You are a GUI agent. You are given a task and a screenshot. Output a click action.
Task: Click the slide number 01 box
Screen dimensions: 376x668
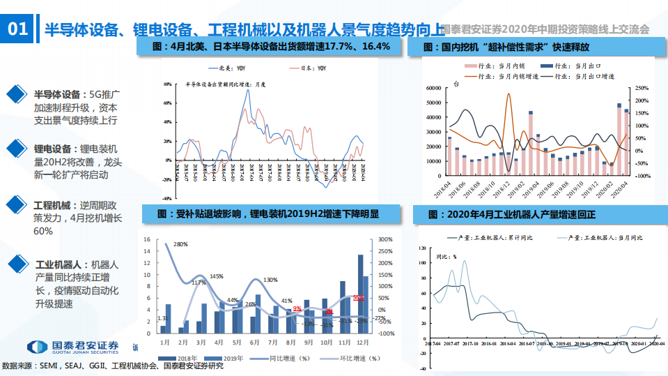17,29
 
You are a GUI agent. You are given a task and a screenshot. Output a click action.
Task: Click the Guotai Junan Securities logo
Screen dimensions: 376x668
72,347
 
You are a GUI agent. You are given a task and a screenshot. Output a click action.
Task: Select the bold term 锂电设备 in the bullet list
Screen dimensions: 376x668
52,149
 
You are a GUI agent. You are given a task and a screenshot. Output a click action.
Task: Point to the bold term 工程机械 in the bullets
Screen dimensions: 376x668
52,205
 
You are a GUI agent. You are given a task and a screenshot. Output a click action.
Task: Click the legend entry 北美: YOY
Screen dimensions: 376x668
227,68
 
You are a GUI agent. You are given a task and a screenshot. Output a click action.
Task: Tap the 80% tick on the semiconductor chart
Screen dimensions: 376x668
167,84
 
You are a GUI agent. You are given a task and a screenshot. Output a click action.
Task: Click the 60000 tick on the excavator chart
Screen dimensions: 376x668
433,89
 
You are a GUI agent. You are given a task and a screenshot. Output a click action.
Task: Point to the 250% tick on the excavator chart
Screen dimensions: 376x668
642,89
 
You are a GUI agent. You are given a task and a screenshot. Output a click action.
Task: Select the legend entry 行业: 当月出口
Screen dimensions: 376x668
575,65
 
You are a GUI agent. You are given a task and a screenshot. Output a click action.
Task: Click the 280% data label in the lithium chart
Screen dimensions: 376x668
180,244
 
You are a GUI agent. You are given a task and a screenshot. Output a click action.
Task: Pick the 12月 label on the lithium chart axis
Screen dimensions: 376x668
362,343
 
